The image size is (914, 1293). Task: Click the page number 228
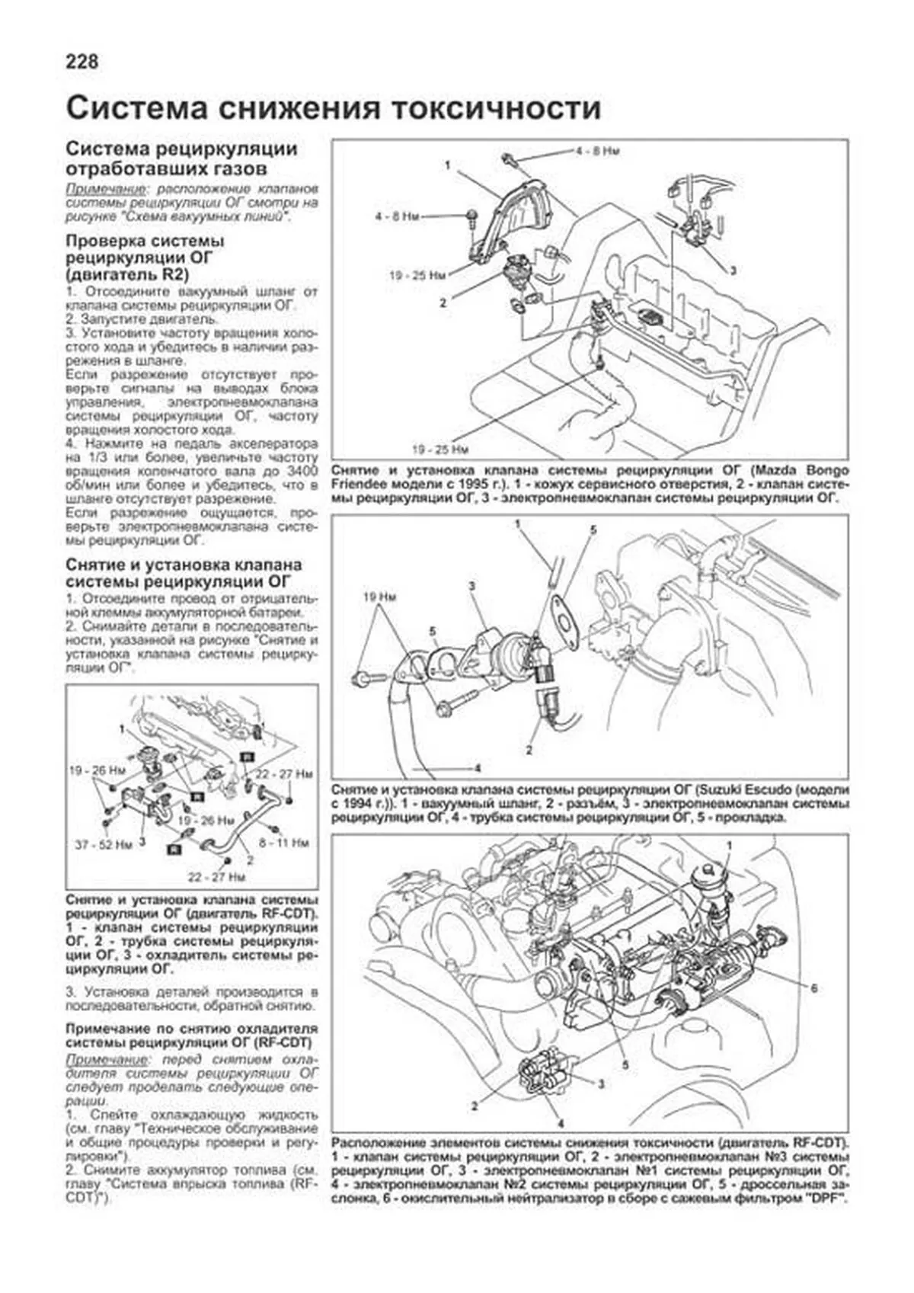[x=82, y=62]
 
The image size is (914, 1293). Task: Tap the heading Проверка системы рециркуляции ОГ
[x=145, y=257]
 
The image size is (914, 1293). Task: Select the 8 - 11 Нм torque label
[x=283, y=843]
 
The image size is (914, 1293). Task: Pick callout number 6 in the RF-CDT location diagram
[x=814, y=988]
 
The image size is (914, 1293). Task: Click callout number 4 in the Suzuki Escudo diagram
[x=477, y=767]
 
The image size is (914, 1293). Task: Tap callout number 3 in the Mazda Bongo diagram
[x=733, y=270]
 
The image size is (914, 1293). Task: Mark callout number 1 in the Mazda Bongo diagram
[x=448, y=164]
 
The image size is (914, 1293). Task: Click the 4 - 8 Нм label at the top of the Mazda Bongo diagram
[x=598, y=152]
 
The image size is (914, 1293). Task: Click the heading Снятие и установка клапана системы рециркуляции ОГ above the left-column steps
[x=183, y=573]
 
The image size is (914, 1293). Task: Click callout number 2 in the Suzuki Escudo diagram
[x=529, y=751]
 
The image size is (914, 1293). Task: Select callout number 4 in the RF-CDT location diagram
[x=561, y=1124]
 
